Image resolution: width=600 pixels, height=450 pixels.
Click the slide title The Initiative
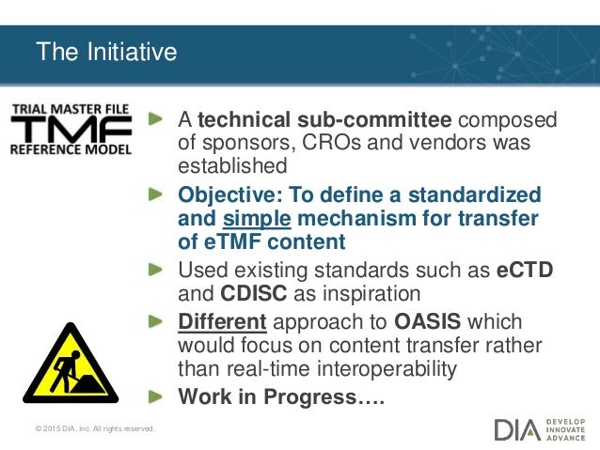pyautogui.click(x=105, y=52)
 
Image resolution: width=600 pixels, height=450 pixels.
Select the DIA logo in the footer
pyautogui.click(x=517, y=429)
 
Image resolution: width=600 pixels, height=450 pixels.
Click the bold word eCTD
pyautogui.click(x=524, y=271)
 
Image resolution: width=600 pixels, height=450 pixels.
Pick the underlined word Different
pyautogui.click(x=224, y=321)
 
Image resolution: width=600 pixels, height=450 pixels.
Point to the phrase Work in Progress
pyautogui.click(x=282, y=397)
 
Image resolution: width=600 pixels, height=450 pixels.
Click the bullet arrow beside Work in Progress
pyautogui.click(x=161, y=396)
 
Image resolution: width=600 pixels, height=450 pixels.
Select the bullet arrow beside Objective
pyautogui.click(x=161, y=194)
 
